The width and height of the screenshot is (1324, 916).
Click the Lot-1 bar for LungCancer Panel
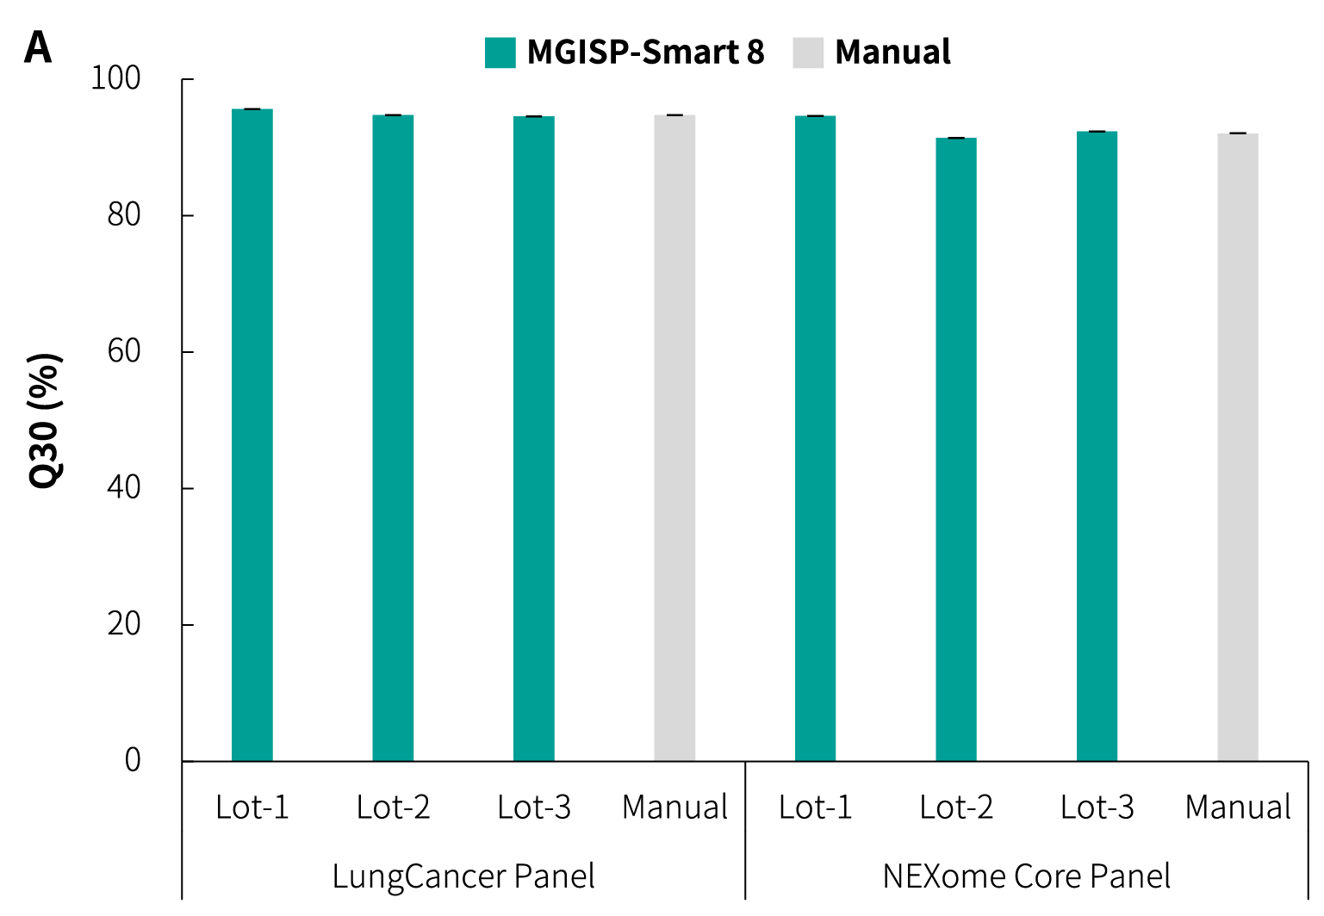coord(252,435)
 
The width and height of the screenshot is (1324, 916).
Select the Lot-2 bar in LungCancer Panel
coord(393,437)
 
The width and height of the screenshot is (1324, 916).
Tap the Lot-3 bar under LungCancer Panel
coord(534,438)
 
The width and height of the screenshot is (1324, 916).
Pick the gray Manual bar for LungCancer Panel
coord(674,437)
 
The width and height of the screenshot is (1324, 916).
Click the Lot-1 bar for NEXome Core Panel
coord(815,438)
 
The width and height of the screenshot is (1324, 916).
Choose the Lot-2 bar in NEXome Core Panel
coord(956,449)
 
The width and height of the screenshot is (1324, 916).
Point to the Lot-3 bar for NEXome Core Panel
coord(1097,446)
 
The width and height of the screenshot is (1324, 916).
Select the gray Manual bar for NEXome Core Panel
coord(1238,447)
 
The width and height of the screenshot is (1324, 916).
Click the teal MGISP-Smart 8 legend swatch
coord(500,53)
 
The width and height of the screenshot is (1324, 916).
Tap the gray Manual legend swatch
coord(808,53)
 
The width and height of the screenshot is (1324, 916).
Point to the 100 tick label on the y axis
coord(115,78)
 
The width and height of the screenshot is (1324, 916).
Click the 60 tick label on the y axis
coord(124,351)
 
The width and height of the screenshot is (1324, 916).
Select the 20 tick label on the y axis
coord(124,624)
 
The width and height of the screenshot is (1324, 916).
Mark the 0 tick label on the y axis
coord(133,760)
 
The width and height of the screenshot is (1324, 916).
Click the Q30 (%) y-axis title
coord(45,420)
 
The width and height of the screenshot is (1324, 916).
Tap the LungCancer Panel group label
coord(463,876)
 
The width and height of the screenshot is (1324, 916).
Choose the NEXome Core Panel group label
coord(1027,876)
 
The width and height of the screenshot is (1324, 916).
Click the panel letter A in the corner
coord(38,48)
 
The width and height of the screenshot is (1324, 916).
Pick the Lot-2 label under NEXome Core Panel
coord(956,808)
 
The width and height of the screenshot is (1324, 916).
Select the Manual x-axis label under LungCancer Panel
coord(674,808)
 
